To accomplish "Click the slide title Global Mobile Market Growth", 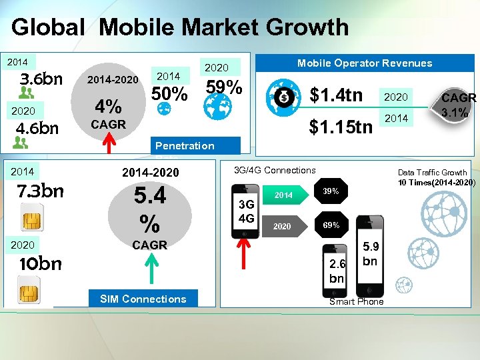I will pos(180,27).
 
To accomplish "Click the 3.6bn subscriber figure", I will pos(41,79).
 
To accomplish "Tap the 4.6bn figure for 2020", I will pos(38,127).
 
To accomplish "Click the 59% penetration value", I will pos(224,87).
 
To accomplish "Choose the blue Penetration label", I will pos(185,145).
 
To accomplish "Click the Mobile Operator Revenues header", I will pos(365,63).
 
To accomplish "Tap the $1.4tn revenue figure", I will pos(337,95).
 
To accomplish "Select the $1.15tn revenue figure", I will pos(341,125).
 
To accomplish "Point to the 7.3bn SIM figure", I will pos(41,191).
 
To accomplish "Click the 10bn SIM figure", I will pos(41,263).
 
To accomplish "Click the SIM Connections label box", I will pos(143,299).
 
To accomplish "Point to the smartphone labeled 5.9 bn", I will pos(369,257).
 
